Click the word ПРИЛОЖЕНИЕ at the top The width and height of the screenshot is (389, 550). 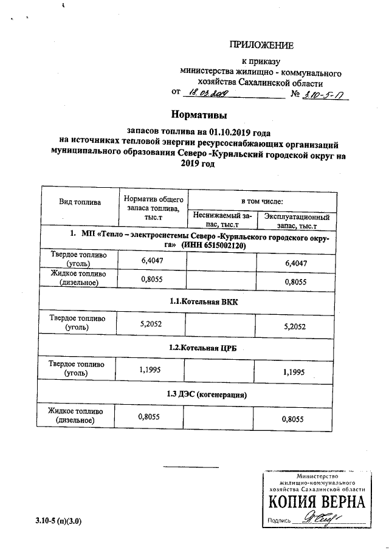pos(261,45)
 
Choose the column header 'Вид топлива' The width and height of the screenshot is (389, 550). pos(80,201)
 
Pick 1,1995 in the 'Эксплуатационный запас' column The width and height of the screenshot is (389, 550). pos(294,373)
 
